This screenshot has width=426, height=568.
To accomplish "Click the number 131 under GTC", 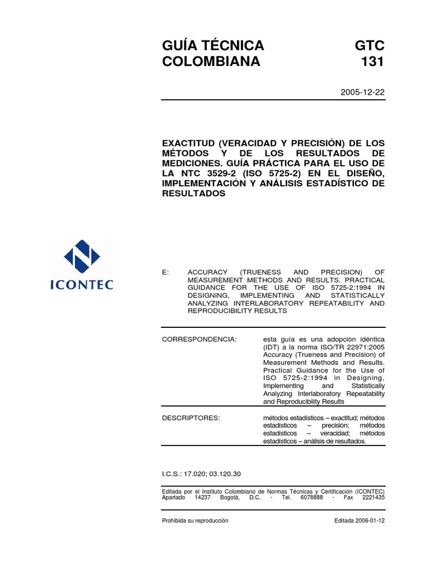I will pyautogui.click(x=371, y=62).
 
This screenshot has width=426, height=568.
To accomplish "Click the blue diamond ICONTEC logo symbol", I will pyautogui.click(x=82, y=257).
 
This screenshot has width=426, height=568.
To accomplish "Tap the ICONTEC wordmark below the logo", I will pyautogui.click(x=82, y=285).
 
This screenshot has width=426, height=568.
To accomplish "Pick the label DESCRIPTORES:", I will pyautogui.click(x=191, y=418).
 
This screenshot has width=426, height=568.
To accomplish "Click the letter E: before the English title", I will pyautogui.click(x=165, y=272).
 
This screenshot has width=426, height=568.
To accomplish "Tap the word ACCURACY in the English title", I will pyautogui.click(x=208, y=272).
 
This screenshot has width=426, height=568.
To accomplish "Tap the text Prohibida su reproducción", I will pyautogui.click(x=195, y=520).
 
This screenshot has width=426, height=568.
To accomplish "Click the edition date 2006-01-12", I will pyautogui.click(x=371, y=520).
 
